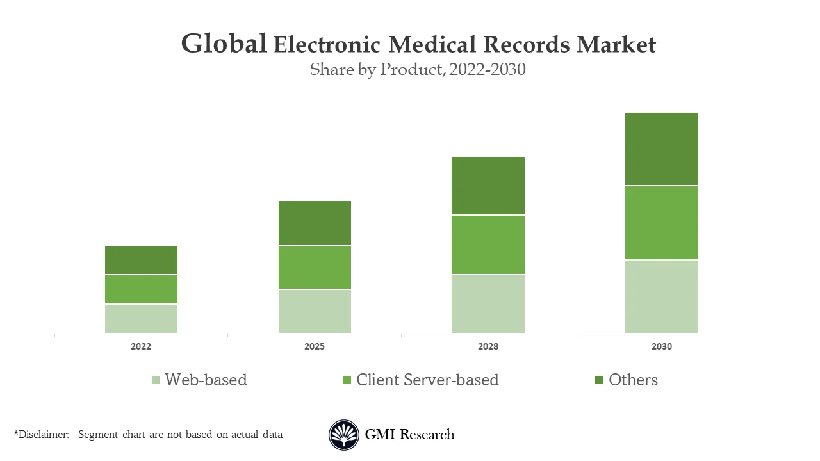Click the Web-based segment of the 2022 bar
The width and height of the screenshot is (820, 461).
coord(141,318)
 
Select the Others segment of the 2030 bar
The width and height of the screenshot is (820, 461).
coord(661,149)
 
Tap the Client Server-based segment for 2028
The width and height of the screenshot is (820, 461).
coord(488,245)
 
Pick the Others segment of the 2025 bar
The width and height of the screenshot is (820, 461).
coord(315,223)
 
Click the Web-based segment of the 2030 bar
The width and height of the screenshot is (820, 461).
coord(661,296)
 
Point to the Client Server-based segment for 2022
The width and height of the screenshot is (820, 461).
coord(141,289)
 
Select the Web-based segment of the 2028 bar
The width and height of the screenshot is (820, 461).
coord(488,304)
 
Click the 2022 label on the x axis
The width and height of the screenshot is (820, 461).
coord(141,346)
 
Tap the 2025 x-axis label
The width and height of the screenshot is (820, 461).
coord(315,346)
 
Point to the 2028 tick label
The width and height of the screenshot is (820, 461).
coord(488,346)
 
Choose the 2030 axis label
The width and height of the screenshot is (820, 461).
coord(662,346)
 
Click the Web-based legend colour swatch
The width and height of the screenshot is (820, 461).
coord(156,380)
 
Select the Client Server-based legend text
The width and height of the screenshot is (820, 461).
coord(427,380)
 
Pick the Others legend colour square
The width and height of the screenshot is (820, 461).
coord(599,380)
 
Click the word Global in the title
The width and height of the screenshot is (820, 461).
coord(224,44)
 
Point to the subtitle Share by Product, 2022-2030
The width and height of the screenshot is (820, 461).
coord(418,69)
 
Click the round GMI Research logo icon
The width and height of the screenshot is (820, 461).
coord(344,435)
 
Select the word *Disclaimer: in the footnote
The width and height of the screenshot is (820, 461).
coord(41,435)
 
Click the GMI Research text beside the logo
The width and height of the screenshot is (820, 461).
coord(409,435)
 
